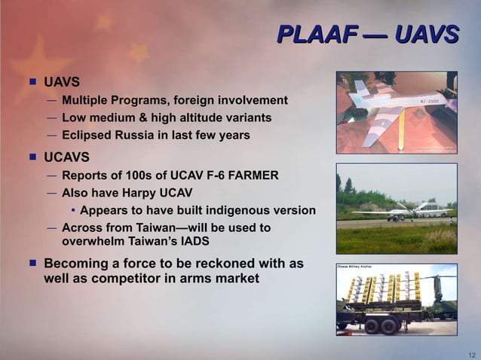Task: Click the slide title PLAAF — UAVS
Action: (x=368, y=35)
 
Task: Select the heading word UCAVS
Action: (x=67, y=157)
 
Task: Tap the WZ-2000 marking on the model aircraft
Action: (x=425, y=101)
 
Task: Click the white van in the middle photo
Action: (x=430, y=209)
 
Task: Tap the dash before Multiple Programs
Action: (x=51, y=100)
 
